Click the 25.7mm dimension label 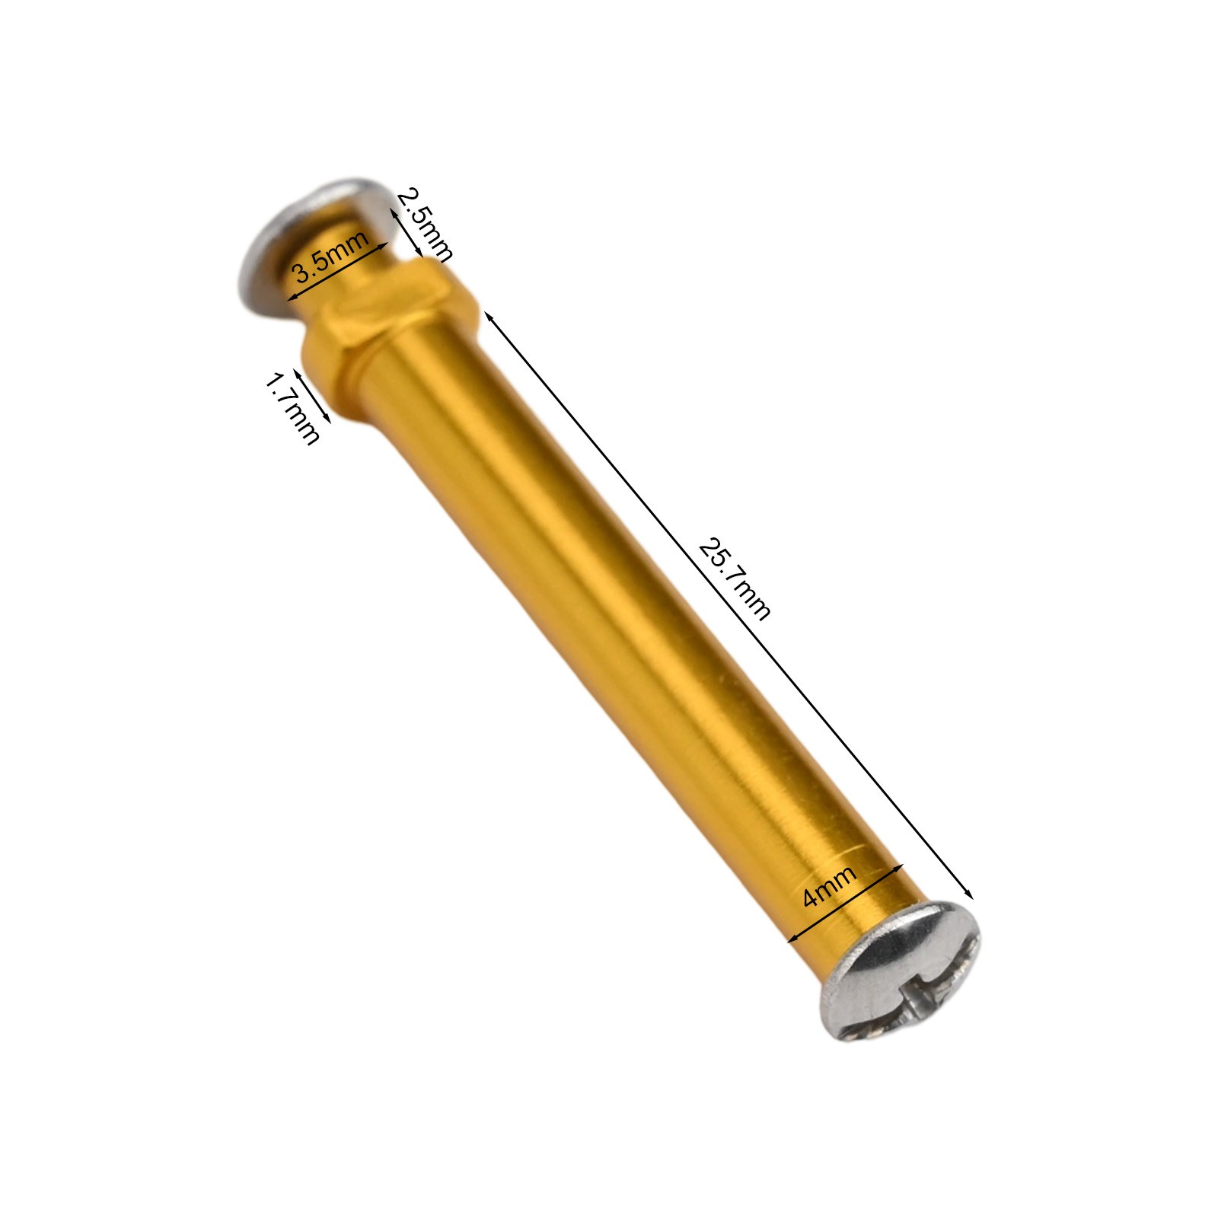pyautogui.click(x=734, y=579)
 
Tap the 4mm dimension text pyautogui.click(x=830, y=886)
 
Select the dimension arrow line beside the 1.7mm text pyautogui.click(x=312, y=396)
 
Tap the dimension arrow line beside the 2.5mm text pyautogui.click(x=407, y=236)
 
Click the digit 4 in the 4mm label pyautogui.click(x=811, y=899)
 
